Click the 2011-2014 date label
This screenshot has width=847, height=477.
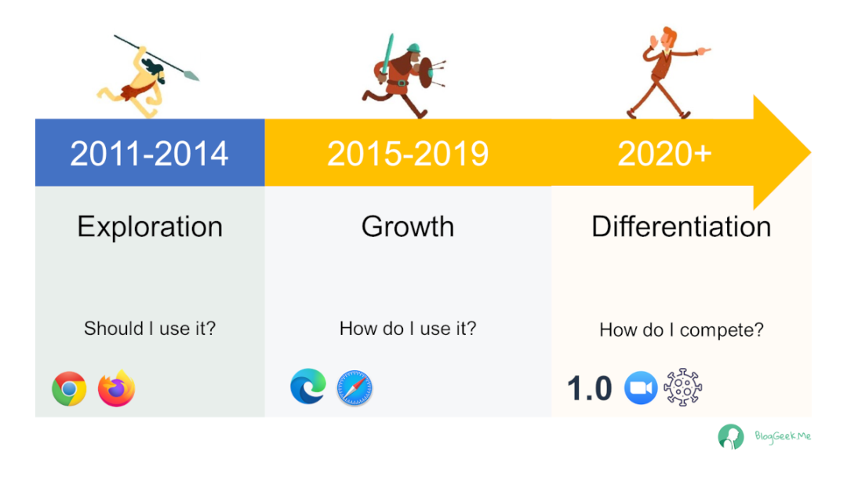coord(149,154)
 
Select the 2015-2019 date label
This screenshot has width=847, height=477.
coord(408,154)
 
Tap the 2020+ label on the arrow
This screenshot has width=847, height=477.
coord(664,154)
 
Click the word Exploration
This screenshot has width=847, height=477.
coord(150,227)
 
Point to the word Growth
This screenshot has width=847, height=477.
coord(408,227)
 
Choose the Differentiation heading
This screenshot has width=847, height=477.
coord(682,227)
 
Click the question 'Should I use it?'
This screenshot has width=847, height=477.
coord(150,328)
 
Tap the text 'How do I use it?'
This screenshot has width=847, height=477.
coord(408,328)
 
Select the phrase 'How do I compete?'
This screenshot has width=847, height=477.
coord(682,330)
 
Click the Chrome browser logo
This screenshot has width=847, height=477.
coord(69,388)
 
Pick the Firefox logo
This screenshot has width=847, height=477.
coord(116,388)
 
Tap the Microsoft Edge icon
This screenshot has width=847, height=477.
coord(308,387)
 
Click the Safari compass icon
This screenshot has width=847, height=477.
coord(354,388)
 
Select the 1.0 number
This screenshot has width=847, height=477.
coord(589,388)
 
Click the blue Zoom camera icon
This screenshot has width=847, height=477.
coord(641,388)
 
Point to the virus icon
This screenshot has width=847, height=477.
coord(683,387)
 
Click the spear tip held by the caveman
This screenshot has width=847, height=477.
coord(192,76)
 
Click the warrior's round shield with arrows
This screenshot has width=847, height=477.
coord(427,73)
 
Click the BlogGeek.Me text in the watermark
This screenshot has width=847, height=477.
coord(783,436)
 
